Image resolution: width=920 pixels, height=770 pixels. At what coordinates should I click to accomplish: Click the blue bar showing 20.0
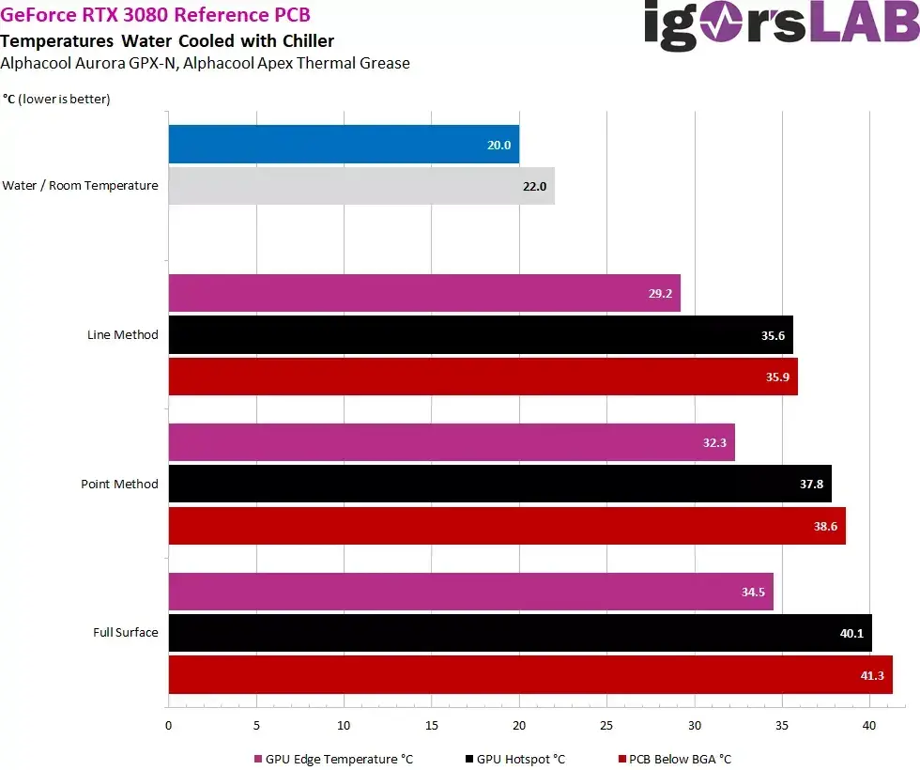click(x=344, y=145)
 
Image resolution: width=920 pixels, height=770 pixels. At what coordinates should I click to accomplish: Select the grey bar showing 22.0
click(x=361, y=186)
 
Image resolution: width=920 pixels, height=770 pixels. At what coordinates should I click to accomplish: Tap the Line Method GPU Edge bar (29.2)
click(x=424, y=293)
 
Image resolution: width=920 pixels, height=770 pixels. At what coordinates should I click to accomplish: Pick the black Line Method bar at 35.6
click(x=481, y=334)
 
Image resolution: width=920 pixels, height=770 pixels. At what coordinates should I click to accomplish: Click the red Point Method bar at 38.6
click(x=507, y=526)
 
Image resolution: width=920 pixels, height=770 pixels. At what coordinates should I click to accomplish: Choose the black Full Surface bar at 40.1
click(x=520, y=633)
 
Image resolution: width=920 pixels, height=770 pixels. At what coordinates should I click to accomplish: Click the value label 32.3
click(x=716, y=442)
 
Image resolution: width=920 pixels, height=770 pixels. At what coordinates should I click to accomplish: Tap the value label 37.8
click(x=812, y=485)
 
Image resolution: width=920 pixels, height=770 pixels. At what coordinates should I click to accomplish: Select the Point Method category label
click(x=119, y=485)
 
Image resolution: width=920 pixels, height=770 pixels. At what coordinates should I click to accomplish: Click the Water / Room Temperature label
click(x=80, y=186)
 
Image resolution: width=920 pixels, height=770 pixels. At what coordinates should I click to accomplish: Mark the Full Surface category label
click(x=125, y=633)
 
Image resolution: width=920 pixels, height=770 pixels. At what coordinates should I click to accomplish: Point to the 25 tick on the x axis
click(x=606, y=725)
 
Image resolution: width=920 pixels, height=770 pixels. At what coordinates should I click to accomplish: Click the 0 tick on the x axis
click(x=168, y=725)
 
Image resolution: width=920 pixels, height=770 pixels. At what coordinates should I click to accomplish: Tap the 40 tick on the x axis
click(x=869, y=725)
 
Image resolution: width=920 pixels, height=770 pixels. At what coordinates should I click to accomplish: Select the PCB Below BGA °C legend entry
click(x=674, y=759)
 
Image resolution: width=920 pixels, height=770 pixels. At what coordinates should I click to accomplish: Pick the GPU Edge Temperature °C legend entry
click(x=333, y=759)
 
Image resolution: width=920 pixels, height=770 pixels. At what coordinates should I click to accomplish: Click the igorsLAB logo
click(x=781, y=26)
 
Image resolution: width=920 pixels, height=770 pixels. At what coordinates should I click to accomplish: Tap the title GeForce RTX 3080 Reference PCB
click(x=156, y=16)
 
